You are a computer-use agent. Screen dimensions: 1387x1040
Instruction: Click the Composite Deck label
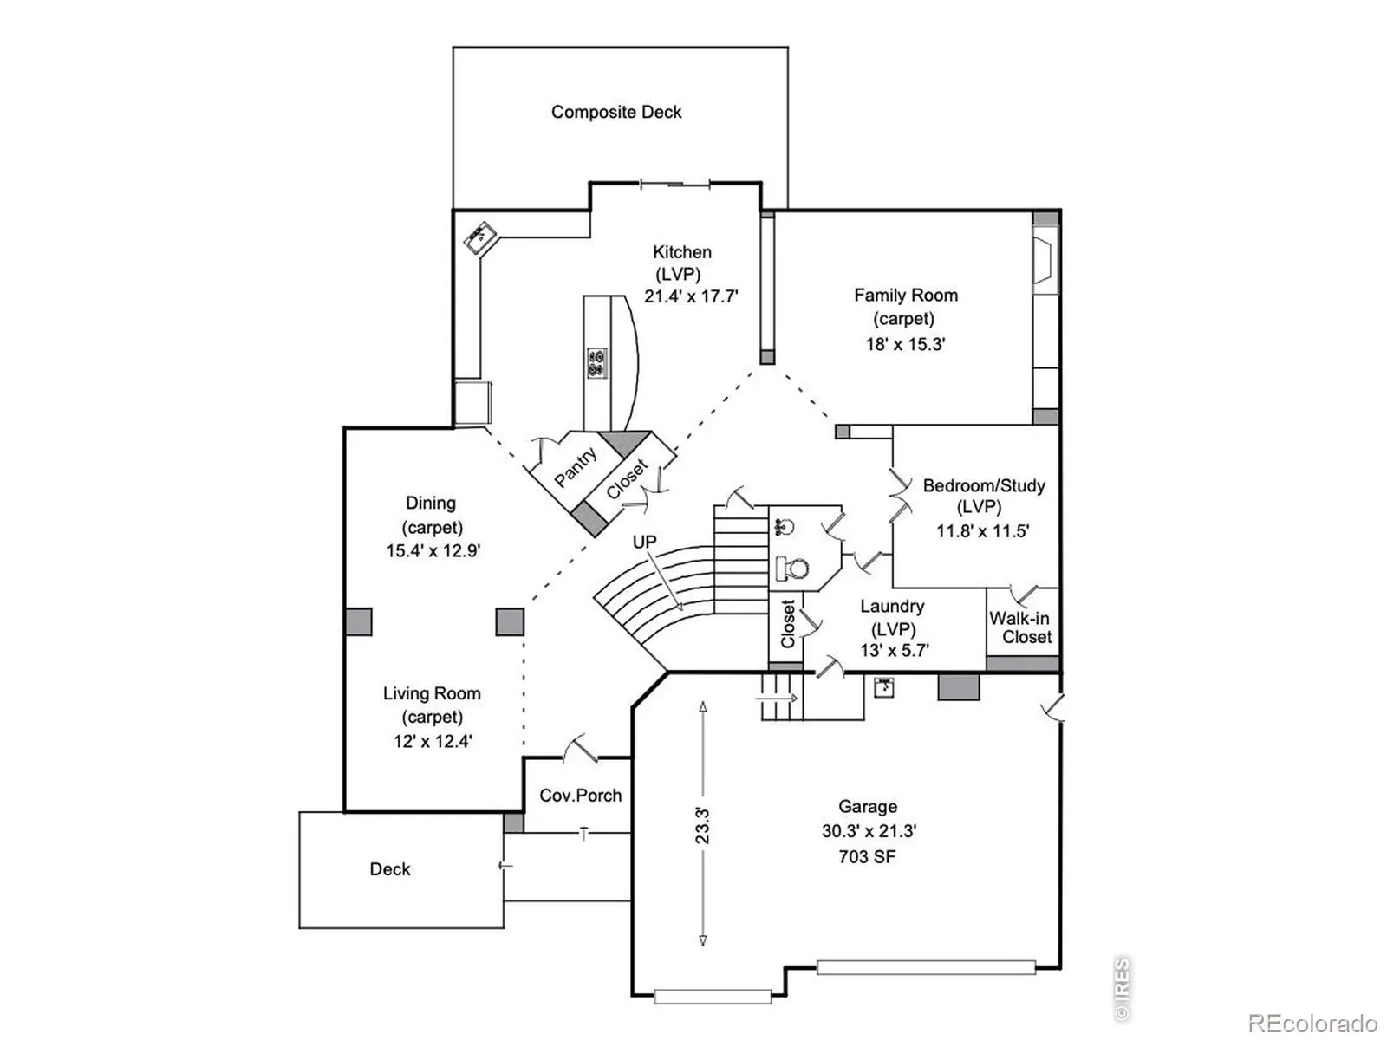pos(616,113)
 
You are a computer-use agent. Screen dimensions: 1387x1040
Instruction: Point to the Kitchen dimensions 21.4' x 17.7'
pos(691,296)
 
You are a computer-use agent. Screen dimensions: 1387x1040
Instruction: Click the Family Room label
pos(906,295)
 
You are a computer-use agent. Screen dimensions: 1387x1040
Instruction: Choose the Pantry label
pos(575,467)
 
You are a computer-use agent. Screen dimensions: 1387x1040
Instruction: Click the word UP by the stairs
pos(645,542)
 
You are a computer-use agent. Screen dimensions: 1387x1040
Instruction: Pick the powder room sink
pos(784,526)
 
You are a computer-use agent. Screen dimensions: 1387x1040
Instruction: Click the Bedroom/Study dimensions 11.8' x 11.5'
pos(982,531)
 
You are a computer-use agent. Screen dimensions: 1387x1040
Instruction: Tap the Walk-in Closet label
pos(1019,627)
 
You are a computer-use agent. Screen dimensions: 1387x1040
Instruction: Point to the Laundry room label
pos(892,606)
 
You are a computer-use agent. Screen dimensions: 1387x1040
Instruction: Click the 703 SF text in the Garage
pos(867,856)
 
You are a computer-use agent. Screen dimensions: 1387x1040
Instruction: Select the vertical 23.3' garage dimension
pos(703,824)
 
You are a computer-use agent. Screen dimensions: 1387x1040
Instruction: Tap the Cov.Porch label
pos(581,796)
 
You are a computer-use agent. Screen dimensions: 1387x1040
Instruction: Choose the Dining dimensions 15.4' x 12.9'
pos(433,550)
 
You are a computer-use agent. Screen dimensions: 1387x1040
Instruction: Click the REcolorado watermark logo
pos(1312,1023)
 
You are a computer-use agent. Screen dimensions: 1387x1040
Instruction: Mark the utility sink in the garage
pos(884,687)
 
